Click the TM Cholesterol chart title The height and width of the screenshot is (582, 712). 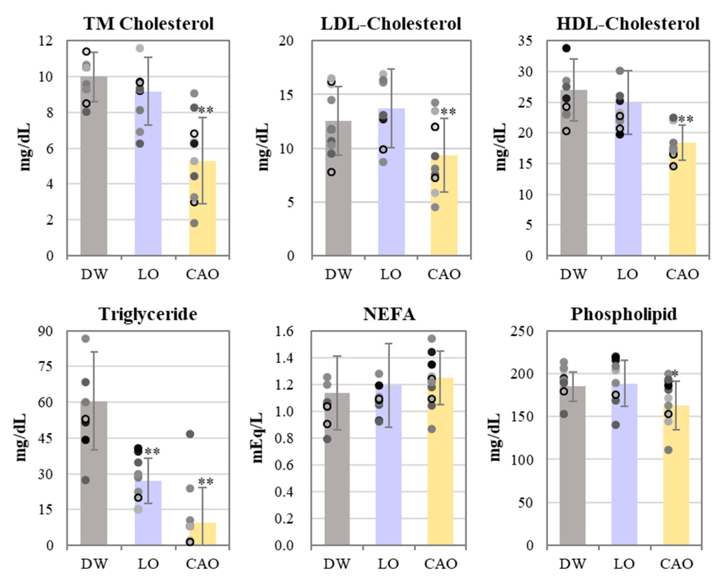click(149, 24)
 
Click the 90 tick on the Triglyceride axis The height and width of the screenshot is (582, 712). click(46, 331)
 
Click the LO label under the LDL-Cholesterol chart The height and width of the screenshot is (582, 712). click(391, 275)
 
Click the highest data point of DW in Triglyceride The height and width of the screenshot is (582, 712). click(86, 339)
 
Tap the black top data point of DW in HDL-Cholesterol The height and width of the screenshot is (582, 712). click(566, 48)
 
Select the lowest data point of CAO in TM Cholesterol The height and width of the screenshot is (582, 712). click(194, 223)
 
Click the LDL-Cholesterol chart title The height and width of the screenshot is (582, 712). click(391, 24)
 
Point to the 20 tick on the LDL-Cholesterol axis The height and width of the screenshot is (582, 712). click(286, 41)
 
